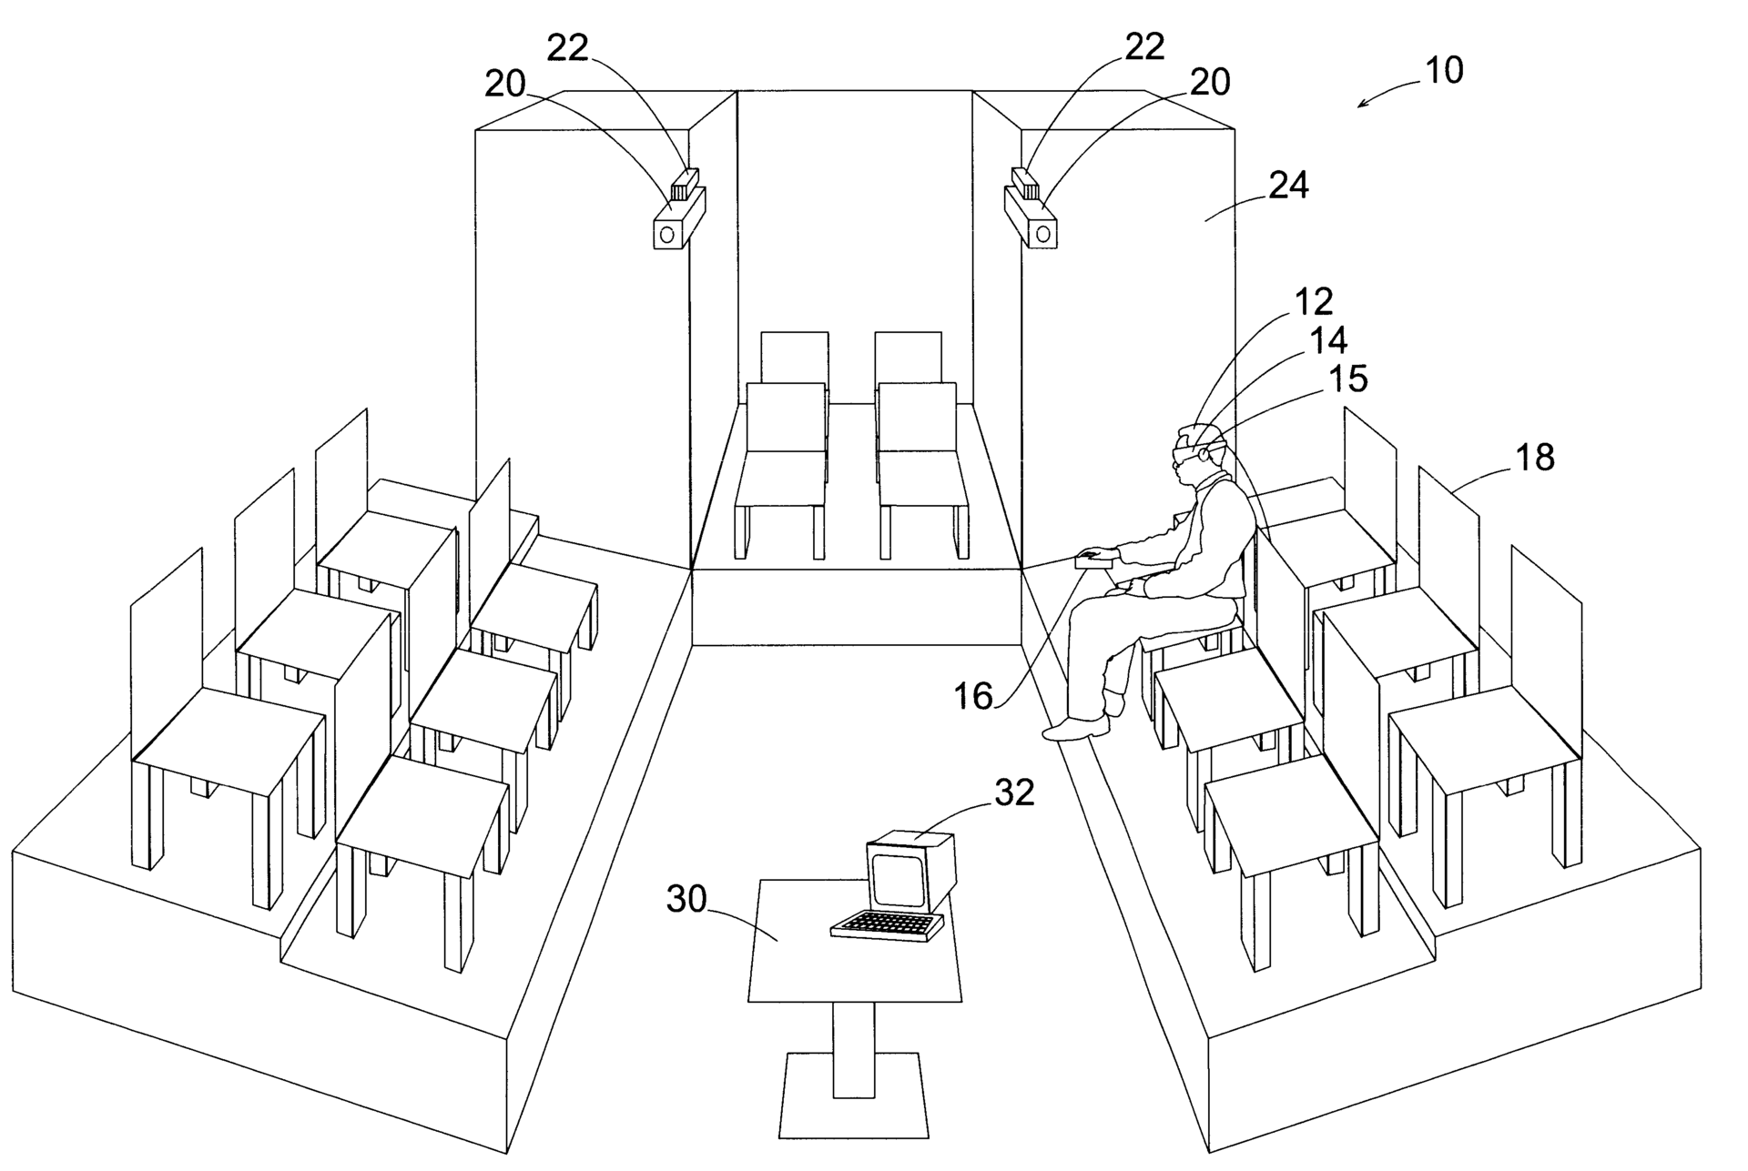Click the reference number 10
[1444, 70]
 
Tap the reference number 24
[1288, 185]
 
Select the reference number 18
[1535, 457]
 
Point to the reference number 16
[972, 696]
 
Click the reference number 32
[1014, 792]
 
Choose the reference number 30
[687, 899]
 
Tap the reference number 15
[1348, 379]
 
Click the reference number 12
[1313, 301]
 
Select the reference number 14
[1328, 340]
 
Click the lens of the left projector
[667, 235]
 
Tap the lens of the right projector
[1043, 235]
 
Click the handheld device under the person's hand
[1093, 562]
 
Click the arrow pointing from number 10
[1389, 90]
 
